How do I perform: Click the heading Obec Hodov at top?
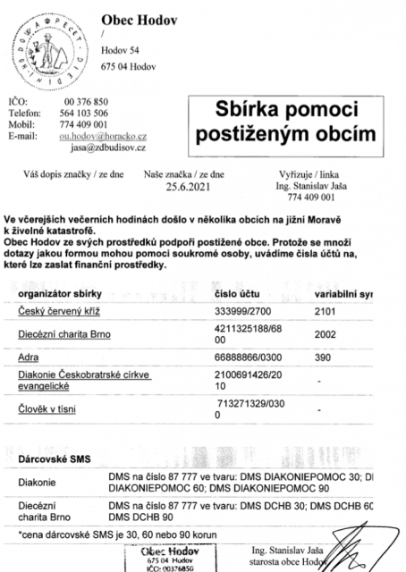pos(132,18)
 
